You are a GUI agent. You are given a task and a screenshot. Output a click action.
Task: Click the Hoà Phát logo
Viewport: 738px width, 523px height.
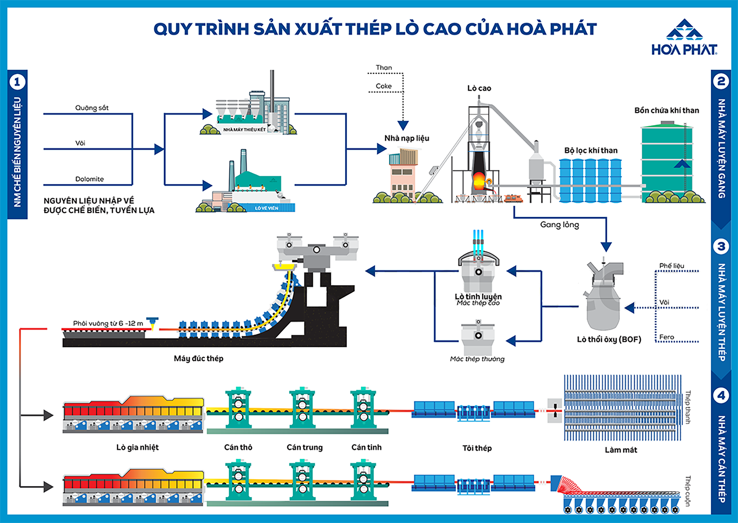tap(684, 37)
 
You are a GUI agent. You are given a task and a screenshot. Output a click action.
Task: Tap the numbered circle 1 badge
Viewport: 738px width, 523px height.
tap(17, 82)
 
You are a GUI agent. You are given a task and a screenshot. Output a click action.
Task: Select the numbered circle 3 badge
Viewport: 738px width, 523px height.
tap(721, 246)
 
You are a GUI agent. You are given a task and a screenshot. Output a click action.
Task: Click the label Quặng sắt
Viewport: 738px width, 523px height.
tap(92, 108)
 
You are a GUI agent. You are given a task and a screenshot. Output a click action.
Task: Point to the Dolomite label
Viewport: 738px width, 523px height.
tap(89, 179)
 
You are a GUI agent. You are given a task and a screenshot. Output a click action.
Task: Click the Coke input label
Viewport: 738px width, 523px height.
tap(384, 86)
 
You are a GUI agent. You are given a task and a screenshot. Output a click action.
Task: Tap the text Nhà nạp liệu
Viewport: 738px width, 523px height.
tap(407, 138)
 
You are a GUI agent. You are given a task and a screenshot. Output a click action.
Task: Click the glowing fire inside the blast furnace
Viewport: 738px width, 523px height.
tap(479, 180)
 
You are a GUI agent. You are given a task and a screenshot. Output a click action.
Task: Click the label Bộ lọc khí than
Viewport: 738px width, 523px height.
tap(591, 151)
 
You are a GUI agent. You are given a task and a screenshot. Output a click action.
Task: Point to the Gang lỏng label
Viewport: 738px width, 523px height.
tap(559, 225)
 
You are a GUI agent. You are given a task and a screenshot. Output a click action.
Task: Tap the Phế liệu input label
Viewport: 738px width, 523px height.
tap(672, 266)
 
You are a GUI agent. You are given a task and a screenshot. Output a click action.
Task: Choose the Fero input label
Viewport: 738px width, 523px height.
tap(667, 337)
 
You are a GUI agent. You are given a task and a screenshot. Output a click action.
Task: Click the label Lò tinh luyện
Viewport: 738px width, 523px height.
tap(478, 296)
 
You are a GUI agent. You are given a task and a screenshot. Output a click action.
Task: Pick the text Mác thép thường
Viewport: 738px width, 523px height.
tap(477, 359)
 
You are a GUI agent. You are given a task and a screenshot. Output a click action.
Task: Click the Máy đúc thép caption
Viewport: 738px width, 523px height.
tap(198, 358)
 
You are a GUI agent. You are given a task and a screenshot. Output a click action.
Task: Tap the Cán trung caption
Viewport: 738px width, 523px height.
tap(305, 447)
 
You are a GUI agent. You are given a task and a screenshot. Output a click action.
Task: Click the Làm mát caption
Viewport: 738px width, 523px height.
tap(621, 450)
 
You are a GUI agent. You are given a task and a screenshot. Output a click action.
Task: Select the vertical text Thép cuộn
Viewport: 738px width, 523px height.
tap(688, 491)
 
